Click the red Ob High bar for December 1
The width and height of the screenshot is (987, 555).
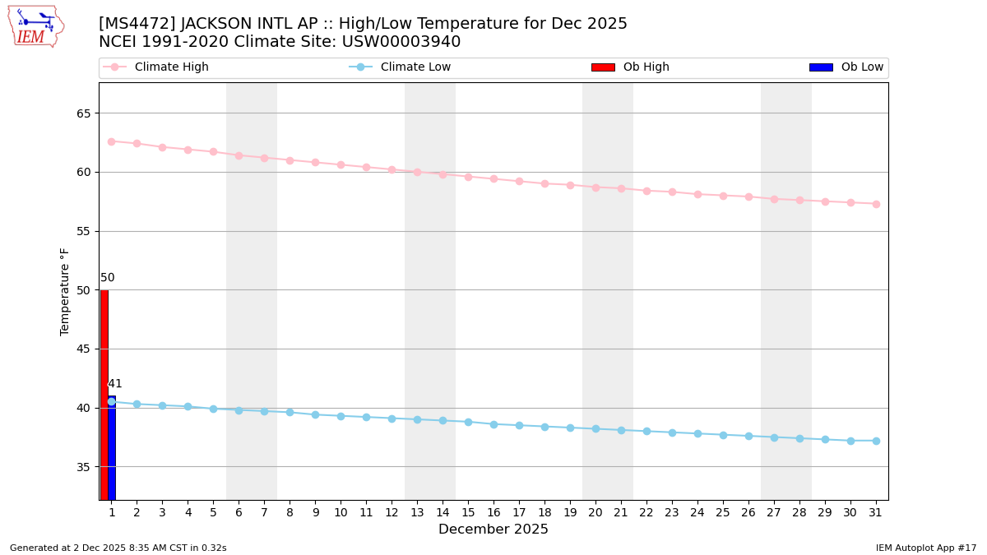tap(104, 395)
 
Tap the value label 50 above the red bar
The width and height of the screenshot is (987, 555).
tap(108, 278)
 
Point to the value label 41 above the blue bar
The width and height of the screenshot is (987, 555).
tap(115, 384)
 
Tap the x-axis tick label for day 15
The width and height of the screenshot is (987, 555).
tap(468, 513)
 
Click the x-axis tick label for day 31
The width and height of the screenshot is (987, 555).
tap(876, 513)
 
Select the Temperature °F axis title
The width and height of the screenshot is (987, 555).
tap(65, 291)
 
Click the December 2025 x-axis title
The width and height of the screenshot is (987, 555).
tap(493, 530)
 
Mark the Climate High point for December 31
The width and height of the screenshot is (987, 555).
tap(876, 204)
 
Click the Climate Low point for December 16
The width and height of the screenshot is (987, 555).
tap(493, 424)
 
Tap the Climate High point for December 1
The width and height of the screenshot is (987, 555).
tap(111, 141)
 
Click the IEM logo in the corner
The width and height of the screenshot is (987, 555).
tap(35, 26)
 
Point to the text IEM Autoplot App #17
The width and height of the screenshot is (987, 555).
tap(925, 548)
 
